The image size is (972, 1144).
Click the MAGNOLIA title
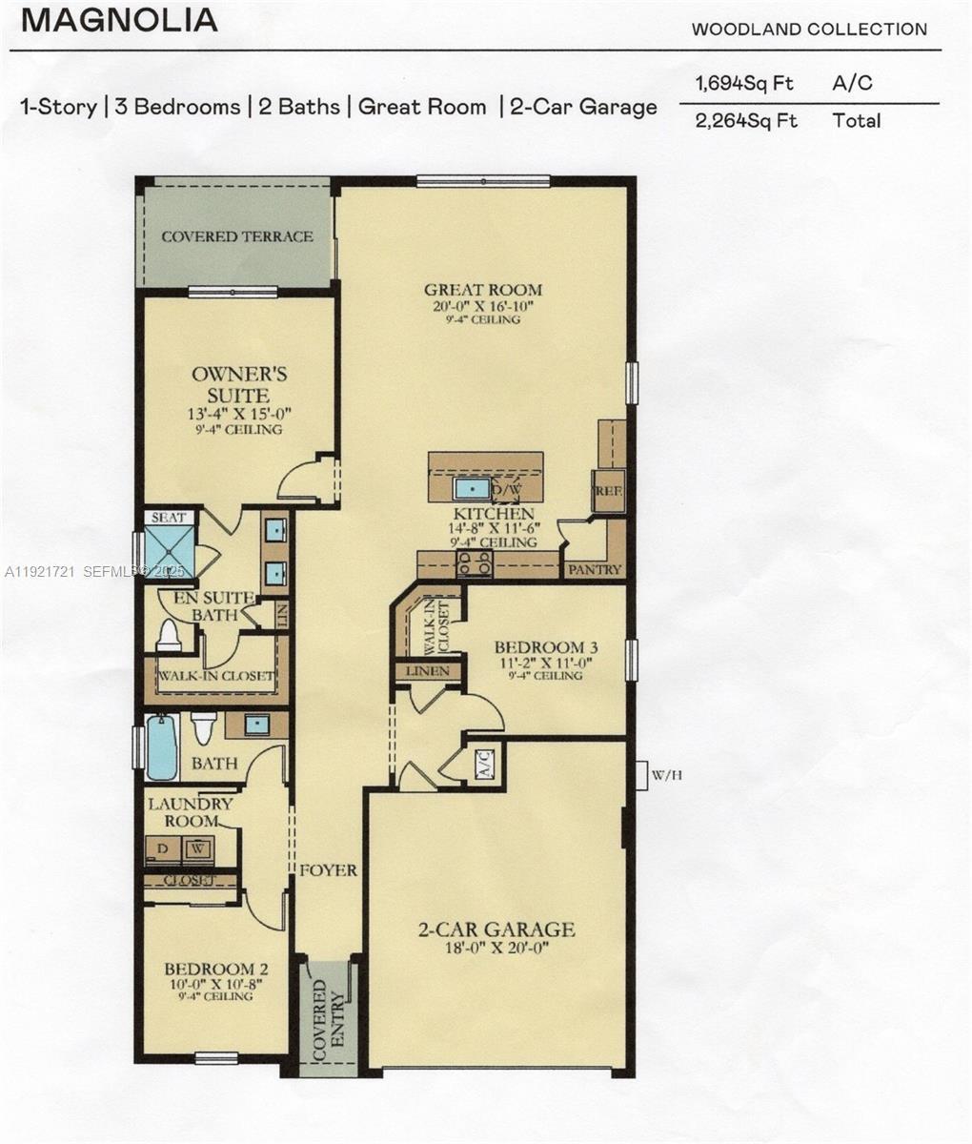119,20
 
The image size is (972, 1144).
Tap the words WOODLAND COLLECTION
808,30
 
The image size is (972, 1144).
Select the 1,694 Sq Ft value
732,83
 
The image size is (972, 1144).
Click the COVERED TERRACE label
236,236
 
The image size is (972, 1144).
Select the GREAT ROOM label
483,290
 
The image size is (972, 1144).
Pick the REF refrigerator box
607,490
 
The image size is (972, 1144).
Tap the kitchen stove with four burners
476,564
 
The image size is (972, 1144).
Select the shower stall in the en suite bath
168,552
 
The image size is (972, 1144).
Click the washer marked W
197,848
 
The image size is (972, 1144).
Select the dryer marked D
163,848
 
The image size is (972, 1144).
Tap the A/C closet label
483,766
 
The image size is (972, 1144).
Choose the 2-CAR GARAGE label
496,929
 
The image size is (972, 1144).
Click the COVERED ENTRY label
326,1021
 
